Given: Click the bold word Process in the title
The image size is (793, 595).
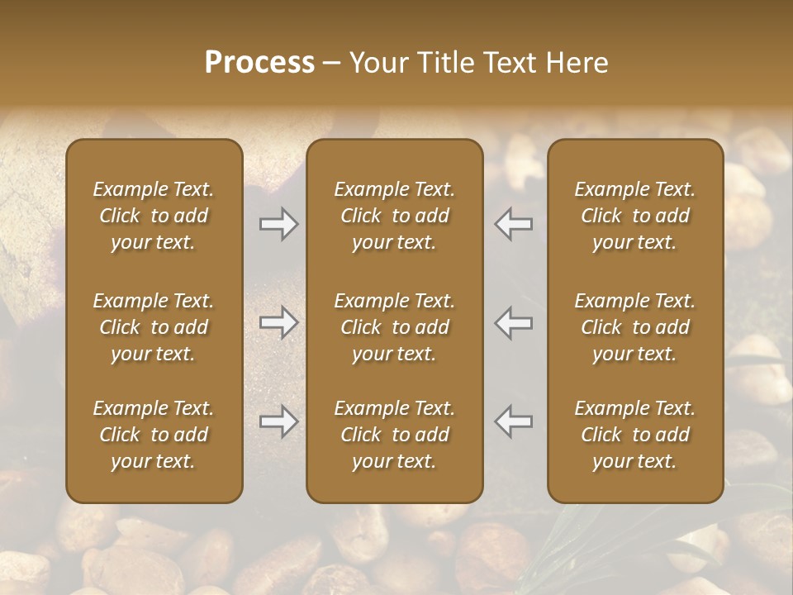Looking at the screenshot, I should (259, 63).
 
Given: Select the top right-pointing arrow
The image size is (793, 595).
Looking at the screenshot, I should (278, 224).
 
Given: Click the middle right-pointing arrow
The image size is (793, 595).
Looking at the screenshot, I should (278, 322).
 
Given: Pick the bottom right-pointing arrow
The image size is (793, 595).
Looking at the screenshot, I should (278, 421).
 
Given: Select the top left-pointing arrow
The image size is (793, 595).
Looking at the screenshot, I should (514, 224).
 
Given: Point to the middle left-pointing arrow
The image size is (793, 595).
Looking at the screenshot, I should (514, 322).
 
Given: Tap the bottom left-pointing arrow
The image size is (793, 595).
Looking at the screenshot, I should (514, 421).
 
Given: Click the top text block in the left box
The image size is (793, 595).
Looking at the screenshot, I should (154, 216).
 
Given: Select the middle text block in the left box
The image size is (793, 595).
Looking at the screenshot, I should (154, 327).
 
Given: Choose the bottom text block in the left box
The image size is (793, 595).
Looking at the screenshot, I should (154, 435).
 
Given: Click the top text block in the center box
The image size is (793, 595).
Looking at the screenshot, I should (395, 216).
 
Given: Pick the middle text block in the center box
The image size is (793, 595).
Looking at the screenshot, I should (395, 327).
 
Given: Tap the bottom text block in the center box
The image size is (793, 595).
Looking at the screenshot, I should (395, 435).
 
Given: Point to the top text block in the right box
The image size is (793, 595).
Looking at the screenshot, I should (635, 216).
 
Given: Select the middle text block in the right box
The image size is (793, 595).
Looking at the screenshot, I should (635, 327).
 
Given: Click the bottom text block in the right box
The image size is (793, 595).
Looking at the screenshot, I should (635, 435).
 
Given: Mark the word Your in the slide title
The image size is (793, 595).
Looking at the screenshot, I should (377, 63).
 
